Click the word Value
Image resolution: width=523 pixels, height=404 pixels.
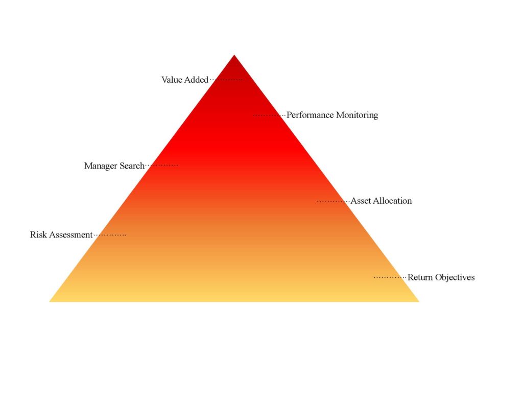[x=172, y=80]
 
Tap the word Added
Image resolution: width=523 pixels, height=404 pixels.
[x=197, y=80]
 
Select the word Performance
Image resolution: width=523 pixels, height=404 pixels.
[x=310, y=115]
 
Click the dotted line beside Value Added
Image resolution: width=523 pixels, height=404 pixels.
[x=226, y=80]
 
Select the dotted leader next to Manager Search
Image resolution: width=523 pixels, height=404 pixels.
[x=162, y=165]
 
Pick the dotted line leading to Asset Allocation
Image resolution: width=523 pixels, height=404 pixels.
[x=333, y=202]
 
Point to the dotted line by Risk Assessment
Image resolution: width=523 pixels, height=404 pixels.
[x=110, y=235]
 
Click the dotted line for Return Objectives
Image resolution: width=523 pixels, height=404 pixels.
[x=390, y=277]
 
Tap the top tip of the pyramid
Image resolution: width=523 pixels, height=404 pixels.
[x=234, y=55]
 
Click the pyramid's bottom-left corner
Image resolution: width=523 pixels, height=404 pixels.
[x=50, y=302]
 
